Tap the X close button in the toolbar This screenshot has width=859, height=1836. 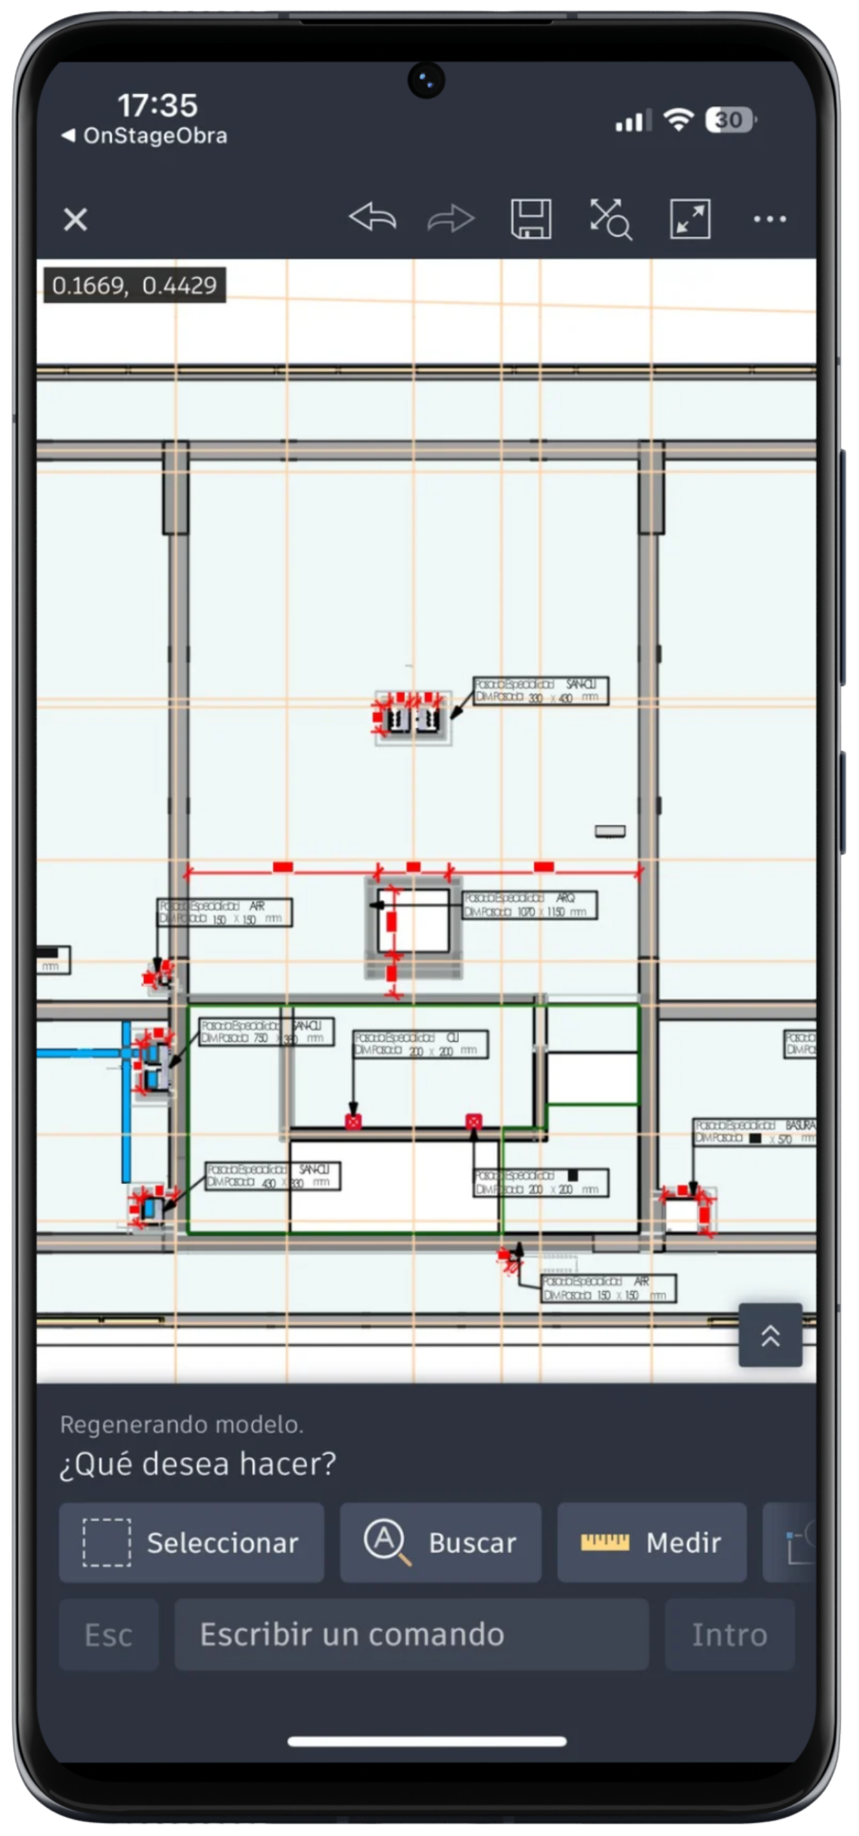[x=76, y=219]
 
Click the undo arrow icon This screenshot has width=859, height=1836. [x=372, y=218]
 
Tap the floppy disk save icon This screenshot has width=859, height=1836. [x=531, y=219]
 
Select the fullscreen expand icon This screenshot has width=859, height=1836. [x=689, y=219]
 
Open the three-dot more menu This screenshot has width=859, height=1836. [x=770, y=219]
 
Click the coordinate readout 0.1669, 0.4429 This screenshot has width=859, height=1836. [x=135, y=285]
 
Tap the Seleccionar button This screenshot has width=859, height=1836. [x=191, y=1543]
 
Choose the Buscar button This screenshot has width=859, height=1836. [x=440, y=1543]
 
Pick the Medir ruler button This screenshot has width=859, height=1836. [x=651, y=1543]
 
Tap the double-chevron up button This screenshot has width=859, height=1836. [x=770, y=1335]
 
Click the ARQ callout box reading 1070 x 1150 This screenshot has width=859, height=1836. [x=529, y=904]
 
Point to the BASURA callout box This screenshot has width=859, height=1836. [x=754, y=1132]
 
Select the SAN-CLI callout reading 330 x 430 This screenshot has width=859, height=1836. [x=541, y=691]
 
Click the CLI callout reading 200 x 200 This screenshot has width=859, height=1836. [x=420, y=1044]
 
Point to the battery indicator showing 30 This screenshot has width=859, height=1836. [x=730, y=119]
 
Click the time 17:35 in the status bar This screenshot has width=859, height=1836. [x=157, y=105]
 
